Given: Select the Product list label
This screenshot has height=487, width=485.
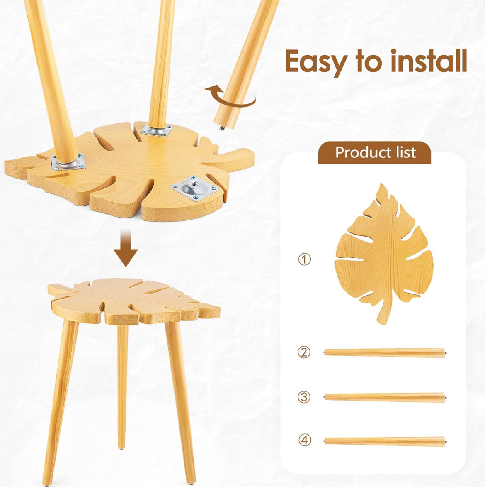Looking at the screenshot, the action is (x=375, y=152).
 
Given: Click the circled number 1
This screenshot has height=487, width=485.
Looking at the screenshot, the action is (x=304, y=259).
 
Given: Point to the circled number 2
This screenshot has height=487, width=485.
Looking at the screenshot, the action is (x=304, y=352).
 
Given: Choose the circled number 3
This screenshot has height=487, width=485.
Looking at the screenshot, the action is (x=304, y=397).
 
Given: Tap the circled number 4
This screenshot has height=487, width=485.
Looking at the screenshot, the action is (x=305, y=440).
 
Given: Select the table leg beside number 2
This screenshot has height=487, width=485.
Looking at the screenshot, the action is (x=385, y=352).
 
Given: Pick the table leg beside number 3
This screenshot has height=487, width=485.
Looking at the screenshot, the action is (x=385, y=397).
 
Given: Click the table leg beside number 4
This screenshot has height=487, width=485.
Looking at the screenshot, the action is (x=385, y=441).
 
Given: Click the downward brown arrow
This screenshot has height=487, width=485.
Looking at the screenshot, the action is (x=126, y=248).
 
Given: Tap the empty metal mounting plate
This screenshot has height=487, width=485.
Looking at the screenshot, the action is (x=195, y=188).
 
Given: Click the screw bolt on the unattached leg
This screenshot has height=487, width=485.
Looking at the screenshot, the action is (x=222, y=127).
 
